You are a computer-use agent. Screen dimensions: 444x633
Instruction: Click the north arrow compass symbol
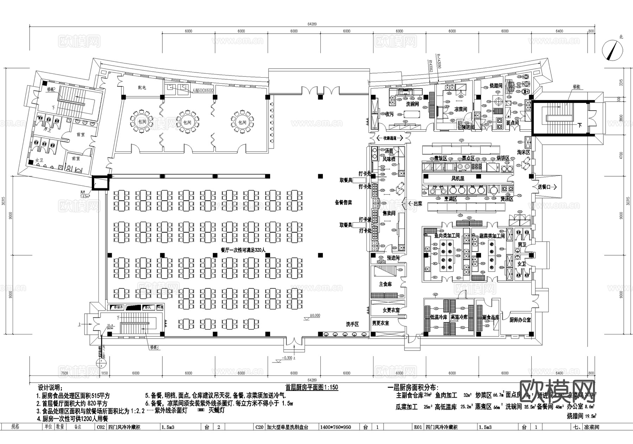[612, 50]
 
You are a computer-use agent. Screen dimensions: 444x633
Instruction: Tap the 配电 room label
[142, 87]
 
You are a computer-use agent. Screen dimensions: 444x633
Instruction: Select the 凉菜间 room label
[460, 110]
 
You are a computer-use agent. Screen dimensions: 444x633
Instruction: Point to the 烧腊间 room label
[496, 86]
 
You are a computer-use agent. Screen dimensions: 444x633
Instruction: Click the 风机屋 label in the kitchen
[458, 178]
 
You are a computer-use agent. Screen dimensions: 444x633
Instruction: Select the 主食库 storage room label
[385, 284]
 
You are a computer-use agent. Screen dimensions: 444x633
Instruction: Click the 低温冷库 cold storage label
[438, 317]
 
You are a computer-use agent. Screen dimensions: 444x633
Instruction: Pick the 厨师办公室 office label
[520, 320]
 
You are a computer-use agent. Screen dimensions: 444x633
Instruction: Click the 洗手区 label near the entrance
[352, 324]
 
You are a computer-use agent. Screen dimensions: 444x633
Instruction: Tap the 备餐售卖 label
[343, 203]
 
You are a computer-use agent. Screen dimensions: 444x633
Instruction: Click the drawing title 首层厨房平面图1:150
[312, 387]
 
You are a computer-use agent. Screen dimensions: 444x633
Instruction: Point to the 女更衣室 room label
[391, 310]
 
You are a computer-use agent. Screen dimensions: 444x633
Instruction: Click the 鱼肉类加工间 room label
[447, 236]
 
